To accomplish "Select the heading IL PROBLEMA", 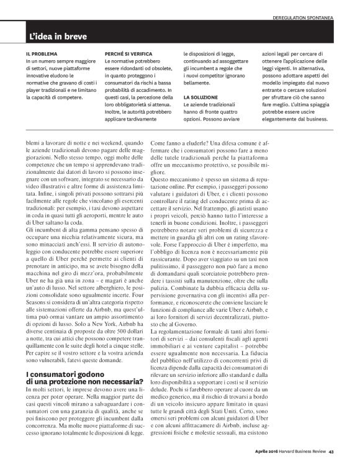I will [43, 54].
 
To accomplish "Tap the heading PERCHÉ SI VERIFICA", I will [128, 54].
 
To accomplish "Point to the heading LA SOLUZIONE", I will [201, 98].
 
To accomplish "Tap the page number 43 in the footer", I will [331, 451].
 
